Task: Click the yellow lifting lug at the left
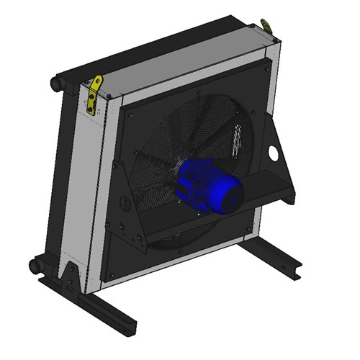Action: pyautogui.click(x=94, y=93)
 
